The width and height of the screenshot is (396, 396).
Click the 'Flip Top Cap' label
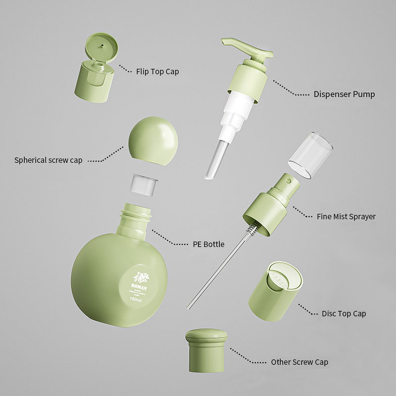(x=157, y=72)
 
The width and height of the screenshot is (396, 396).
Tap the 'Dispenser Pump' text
(x=344, y=94)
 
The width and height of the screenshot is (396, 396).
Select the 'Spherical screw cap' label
(x=49, y=160)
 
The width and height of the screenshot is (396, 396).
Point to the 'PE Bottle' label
(x=208, y=244)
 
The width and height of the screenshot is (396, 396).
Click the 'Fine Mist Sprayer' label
(x=346, y=216)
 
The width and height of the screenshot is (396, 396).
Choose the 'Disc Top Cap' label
(x=344, y=314)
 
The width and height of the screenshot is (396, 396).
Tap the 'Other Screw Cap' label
(x=299, y=362)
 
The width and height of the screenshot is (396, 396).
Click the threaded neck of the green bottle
(x=136, y=215)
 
